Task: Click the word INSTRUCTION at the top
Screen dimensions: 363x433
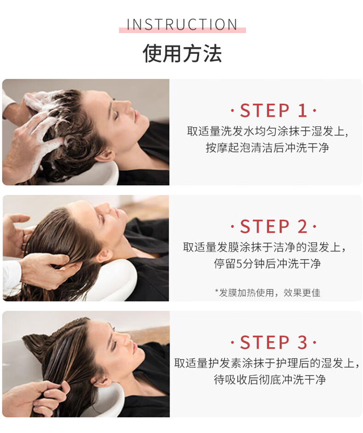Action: (182, 24)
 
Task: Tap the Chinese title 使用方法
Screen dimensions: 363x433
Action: (182, 53)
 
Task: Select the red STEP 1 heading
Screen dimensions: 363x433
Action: (273, 110)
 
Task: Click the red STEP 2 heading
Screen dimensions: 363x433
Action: (273, 227)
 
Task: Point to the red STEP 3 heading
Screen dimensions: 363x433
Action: (273, 342)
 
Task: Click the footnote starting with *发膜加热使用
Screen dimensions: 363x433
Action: (267, 292)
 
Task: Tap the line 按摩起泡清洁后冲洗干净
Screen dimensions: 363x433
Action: (267, 148)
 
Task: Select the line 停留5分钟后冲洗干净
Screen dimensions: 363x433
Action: (267, 264)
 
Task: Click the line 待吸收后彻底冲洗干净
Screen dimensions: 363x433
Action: (270, 380)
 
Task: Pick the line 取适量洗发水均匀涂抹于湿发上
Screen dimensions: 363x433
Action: (267, 131)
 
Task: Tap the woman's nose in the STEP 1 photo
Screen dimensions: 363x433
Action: (128, 105)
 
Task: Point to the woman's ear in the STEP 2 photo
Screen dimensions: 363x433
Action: (105, 256)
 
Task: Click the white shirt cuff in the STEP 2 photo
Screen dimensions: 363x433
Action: (11, 274)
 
